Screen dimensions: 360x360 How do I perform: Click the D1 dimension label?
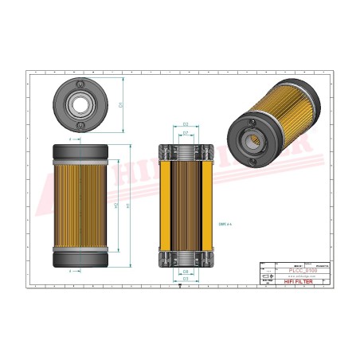pyautogui.click(x=120, y=104)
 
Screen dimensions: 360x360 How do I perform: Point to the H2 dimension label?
pyautogui.click(x=117, y=205)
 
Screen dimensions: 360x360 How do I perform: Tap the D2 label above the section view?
pyautogui.click(x=185, y=125)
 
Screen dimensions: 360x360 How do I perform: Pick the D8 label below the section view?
pyautogui.click(x=185, y=272)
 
